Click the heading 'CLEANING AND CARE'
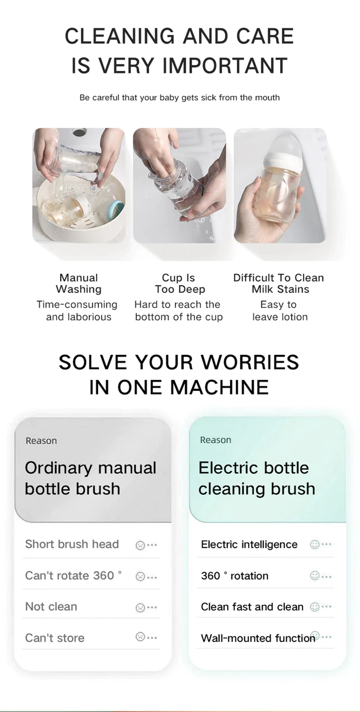(x=179, y=36)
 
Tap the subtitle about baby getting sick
(x=179, y=97)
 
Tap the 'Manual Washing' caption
(x=78, y=283)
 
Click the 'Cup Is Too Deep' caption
(x=179, y=283)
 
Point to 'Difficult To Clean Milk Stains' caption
(x=279, y=283)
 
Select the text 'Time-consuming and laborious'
(x=77, y=311)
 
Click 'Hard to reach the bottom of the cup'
(x=178, y=311)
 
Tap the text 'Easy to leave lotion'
(x=279, y=311)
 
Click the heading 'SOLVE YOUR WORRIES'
(x=179, y=362)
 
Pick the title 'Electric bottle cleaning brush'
(x=256, y=478)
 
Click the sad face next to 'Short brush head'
(x=140, y=545)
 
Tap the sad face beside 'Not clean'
(x=140, y=607)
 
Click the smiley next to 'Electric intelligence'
(x=315, y=544)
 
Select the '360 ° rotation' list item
(x=234, y=576)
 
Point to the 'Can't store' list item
(x=55, y=638)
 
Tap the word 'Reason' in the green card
(x=216, y=440)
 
